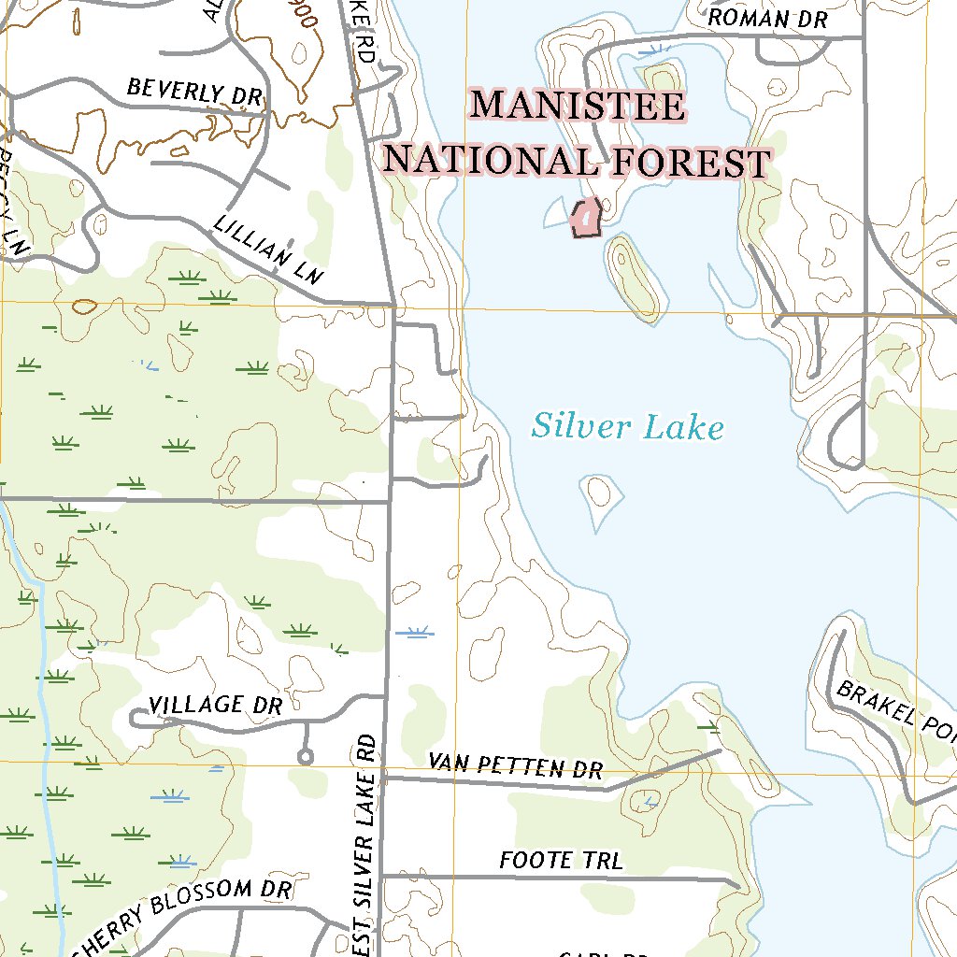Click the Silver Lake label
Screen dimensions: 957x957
point(628,428)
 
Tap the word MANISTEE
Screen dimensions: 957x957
point(578,106)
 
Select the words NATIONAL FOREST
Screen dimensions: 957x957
point(577,162)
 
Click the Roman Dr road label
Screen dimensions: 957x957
point(768,19)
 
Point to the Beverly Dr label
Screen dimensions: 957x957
point(194,92)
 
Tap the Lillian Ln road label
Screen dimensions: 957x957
point(267,249)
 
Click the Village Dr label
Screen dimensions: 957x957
point(215,705)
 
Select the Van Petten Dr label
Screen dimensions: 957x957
point(515,766)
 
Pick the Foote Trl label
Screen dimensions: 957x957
point(561,860)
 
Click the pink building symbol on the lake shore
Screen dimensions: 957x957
point(585,220)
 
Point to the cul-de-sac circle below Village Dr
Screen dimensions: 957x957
point(304,756)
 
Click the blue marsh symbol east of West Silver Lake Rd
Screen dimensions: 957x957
point(414,633)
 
